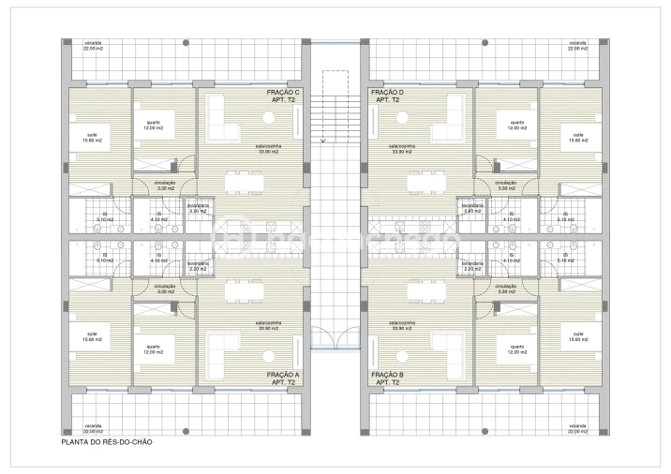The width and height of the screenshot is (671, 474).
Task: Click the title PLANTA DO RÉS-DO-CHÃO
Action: coord(106,441)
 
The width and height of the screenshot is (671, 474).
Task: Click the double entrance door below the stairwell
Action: coord(335,333)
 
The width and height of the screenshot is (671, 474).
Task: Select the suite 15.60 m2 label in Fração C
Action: coord(93,138)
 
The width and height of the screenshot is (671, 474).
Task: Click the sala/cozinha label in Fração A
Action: coord(268,328)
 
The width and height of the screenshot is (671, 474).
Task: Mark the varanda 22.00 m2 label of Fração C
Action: coord(93,45)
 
